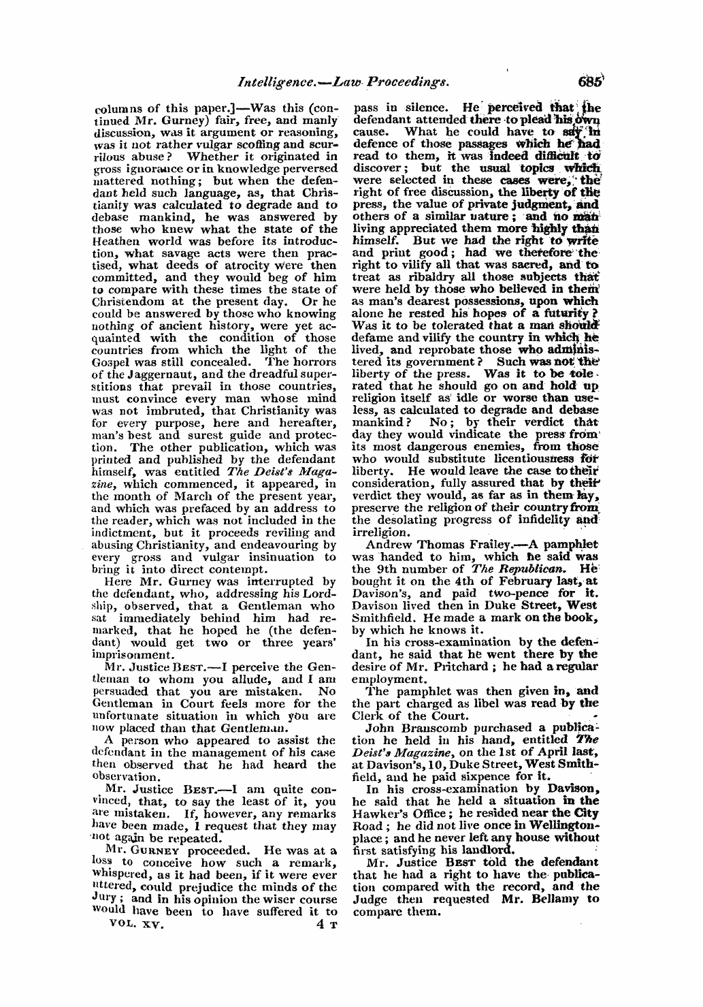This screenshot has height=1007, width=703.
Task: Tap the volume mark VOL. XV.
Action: (133, 927)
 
